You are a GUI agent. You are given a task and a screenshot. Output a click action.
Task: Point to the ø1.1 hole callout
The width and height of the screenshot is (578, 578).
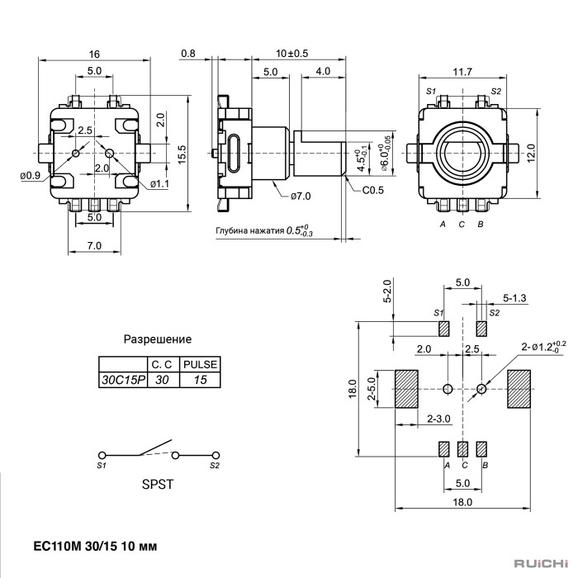159,183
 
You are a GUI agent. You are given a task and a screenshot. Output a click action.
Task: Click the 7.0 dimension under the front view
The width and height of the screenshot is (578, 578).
95,245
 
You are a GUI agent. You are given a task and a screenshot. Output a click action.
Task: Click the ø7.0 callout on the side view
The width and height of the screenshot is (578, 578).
301,196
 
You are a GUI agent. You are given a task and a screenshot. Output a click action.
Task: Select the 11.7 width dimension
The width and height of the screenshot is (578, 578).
462,72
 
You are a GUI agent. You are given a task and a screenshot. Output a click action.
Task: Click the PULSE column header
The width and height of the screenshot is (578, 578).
200,364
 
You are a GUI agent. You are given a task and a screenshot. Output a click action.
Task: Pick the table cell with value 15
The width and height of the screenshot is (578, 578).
200,381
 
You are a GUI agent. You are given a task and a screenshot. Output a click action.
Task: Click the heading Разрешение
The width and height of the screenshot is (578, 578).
158,339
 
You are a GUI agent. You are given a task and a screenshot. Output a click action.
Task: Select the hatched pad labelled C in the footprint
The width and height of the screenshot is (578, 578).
462,449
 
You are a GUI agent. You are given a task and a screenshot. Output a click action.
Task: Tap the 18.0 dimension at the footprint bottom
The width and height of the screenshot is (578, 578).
462,501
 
